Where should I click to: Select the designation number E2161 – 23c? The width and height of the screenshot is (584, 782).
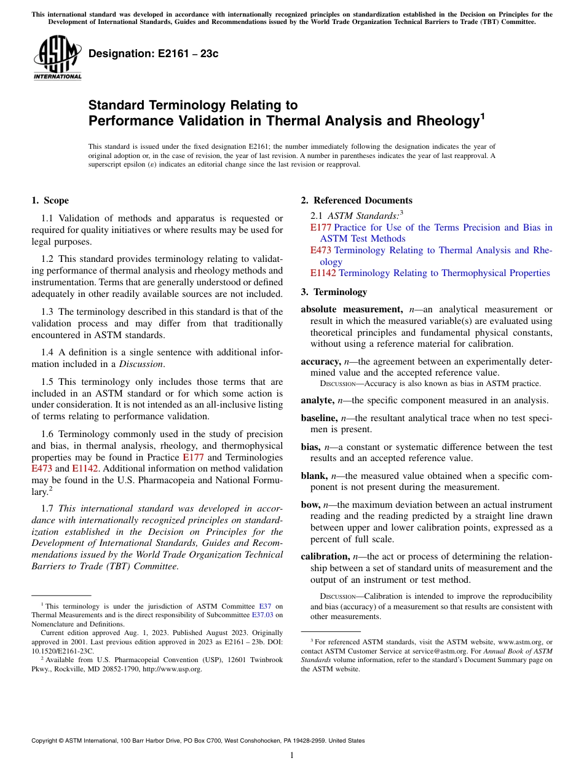click(x=154, y=54)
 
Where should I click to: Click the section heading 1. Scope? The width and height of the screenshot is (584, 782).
click(x=50, y=200)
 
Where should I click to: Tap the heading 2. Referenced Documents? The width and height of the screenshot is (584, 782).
click(x=357, y=200)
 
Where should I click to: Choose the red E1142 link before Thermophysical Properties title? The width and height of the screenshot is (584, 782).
click(x=323, y=273)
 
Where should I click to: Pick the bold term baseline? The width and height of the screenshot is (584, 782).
click(x=319, y=418)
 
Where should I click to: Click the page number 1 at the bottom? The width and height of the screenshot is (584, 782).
click(x=292, y=755)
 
